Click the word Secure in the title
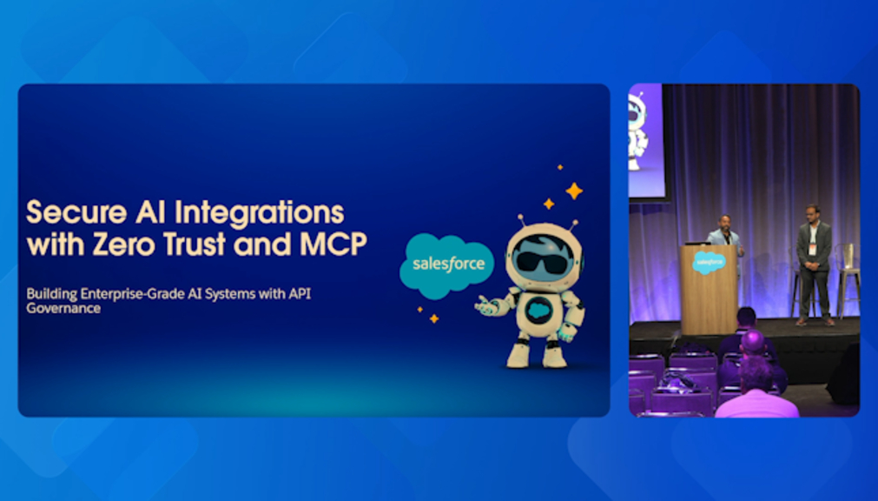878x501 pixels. pyautogui.click(x=76, y=212)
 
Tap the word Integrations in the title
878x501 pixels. pyautogui.click(x=260, y=214)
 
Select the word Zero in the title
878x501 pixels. pyautogui.click(x=123, y=244)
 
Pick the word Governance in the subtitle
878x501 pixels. pyautogui.click(x=63, y=308)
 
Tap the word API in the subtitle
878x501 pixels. pyautogui.click(x=300, y=293)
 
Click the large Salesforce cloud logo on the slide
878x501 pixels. pyautogui.click(x=446, y=264)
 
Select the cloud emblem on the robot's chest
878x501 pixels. pyautogui.click(x=538, y=311)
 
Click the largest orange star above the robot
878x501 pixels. pyautogui.click(x=574, y=190)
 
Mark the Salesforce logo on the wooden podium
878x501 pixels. pyautogui.click(x=709, y=262)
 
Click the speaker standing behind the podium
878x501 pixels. pyautogui.click(x=725, y=236)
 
